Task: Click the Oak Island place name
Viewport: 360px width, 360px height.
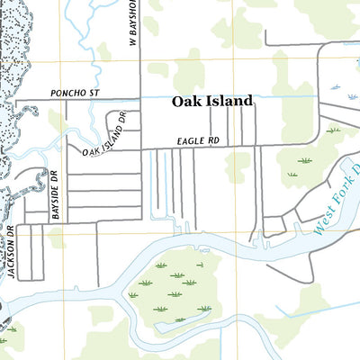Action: [x=212, y=103]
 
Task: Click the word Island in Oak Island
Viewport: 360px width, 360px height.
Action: [x=228, y=103]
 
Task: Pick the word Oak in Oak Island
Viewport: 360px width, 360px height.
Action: [x=187, y=103]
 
